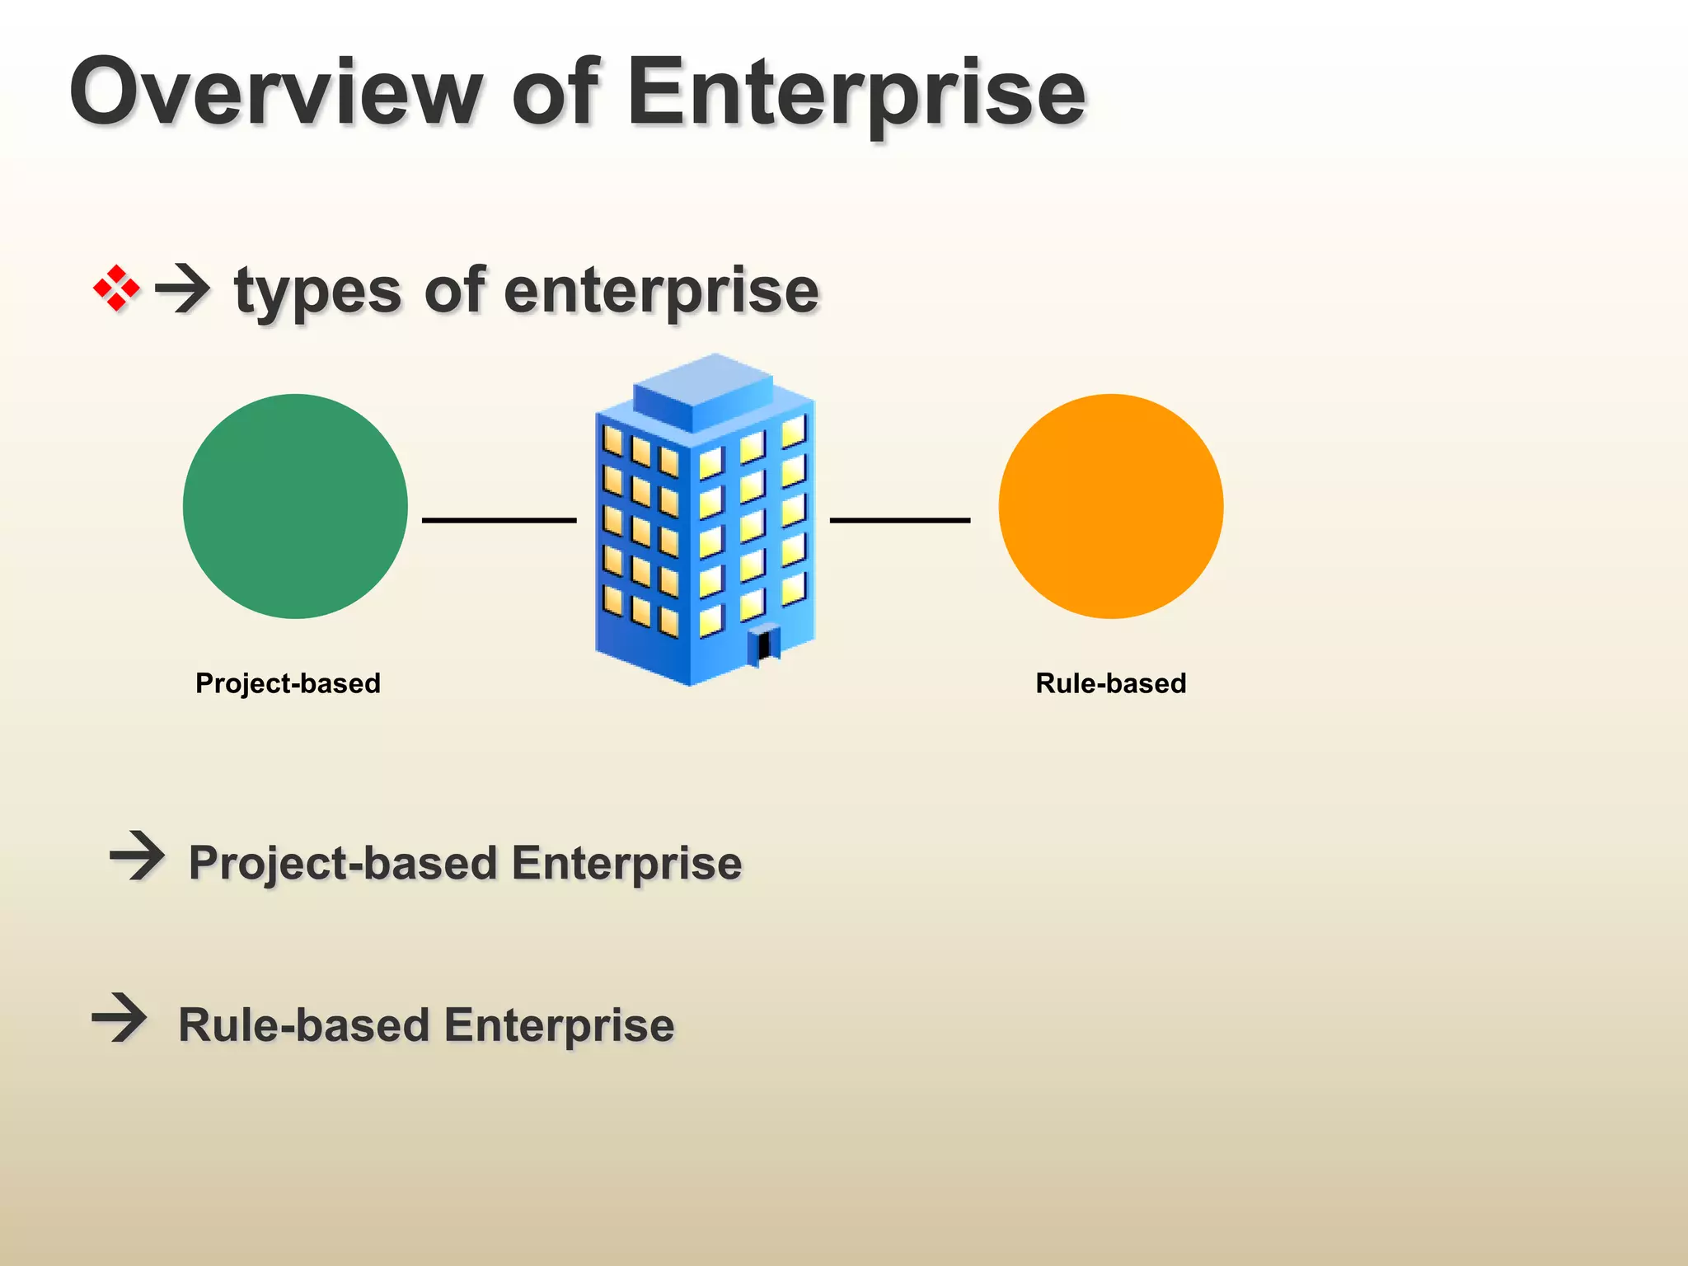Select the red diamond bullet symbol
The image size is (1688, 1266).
coord(116,288)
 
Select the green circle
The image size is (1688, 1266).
coord(295,506)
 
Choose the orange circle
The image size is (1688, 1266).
coord(1110,506)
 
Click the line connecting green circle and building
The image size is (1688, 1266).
coord(499,520)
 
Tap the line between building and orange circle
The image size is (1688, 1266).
coord(899,520)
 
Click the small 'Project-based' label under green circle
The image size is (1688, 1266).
coord(288,683)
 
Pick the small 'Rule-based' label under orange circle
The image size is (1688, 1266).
coord(1110,683)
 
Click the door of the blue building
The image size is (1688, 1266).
coord(765,645)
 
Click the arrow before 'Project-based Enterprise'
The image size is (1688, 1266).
coord(137,856)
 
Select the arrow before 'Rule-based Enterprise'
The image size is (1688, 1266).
coord(120,1018)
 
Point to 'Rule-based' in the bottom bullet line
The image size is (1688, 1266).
coord(304,1025)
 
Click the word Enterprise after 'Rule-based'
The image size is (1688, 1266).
coord(559,1025)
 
